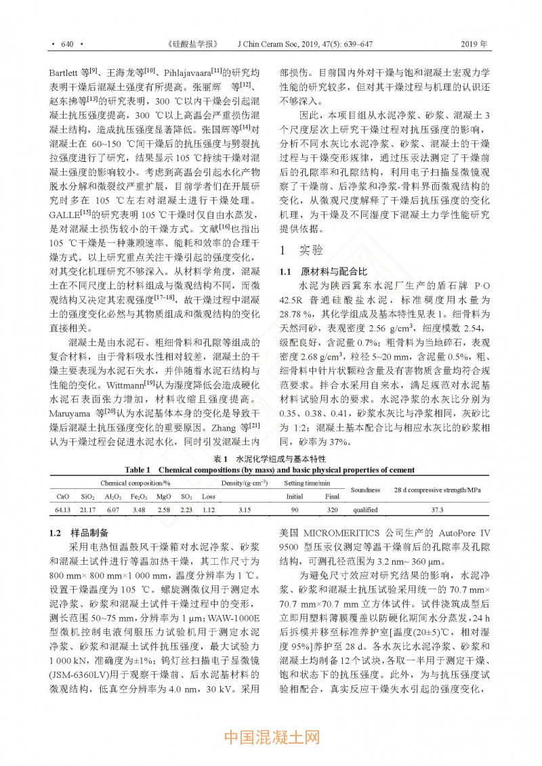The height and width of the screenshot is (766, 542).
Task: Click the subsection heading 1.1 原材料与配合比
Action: click(320, 272)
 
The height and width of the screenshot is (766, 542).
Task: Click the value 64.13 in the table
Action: click(62, 509)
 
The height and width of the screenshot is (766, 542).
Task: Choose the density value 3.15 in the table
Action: click(245, 509)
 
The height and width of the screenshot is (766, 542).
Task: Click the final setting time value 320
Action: click(332, 509)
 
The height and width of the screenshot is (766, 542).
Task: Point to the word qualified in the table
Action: click(366, 509)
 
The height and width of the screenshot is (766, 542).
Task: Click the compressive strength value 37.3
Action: click(437, 509)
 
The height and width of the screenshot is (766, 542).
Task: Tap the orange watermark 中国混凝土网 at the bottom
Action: click(270, 737)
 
